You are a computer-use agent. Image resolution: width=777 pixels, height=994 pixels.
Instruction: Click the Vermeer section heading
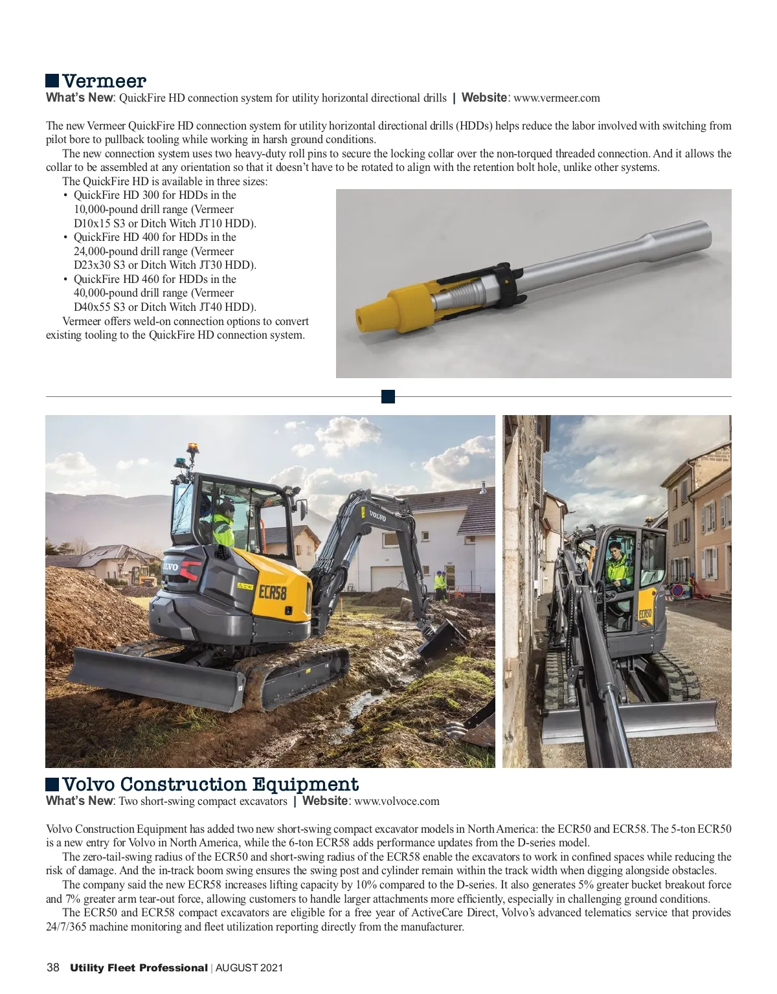(x=104, y=81)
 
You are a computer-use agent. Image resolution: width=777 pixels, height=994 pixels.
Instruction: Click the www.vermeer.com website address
(x=556, y=98)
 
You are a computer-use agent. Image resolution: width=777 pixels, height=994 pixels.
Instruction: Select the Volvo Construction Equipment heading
(x=210, y=784)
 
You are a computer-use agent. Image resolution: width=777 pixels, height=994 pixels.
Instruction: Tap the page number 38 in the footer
(x=53, y=968)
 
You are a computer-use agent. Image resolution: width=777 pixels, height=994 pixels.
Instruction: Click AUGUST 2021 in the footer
(x=249, y=969)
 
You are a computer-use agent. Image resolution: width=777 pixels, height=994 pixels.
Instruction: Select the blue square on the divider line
(x=388, y=397)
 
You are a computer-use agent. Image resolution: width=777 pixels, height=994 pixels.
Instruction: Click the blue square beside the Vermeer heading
(x=52, y=81)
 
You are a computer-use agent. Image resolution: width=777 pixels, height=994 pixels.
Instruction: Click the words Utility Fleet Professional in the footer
(x=139, y=968)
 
